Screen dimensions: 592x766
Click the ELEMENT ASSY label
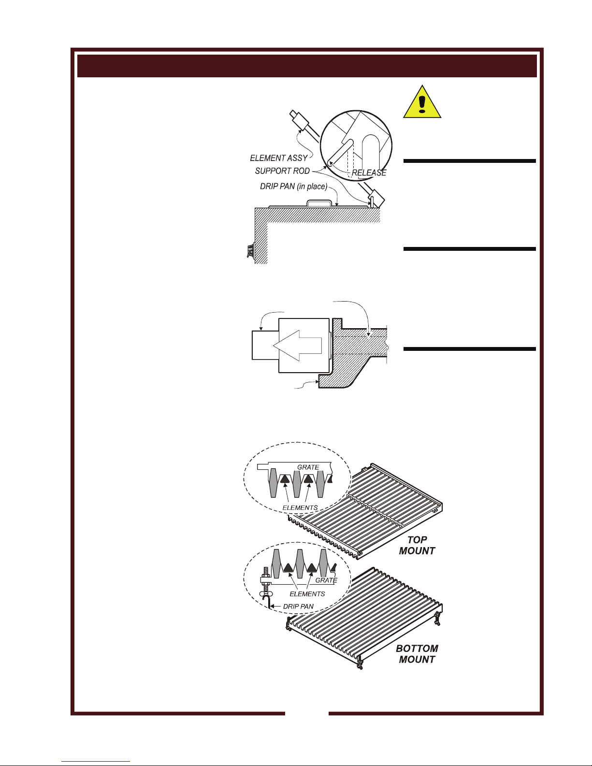point(279,158)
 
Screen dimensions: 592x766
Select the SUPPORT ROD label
point(282,171)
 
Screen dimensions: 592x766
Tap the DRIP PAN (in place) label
point(293,186)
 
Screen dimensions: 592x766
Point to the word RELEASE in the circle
point(369,173)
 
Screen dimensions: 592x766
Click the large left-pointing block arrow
point(297,346)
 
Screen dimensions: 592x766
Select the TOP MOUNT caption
point(417,545)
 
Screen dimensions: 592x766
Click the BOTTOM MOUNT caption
point(417,653)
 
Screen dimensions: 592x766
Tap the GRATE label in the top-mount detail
point(308,467)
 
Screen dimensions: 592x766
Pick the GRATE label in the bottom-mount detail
point(326,580)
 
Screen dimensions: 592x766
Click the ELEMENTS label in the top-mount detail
point(300,507)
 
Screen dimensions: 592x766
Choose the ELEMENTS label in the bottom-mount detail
point(307,593)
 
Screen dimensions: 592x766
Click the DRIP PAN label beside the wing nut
point(298,607)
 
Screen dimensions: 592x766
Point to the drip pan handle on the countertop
point(319,202)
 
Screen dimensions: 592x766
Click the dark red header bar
point(307,66)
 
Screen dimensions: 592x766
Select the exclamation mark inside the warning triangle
point(422,105)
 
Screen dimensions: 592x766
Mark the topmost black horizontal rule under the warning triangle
point(469,161)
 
